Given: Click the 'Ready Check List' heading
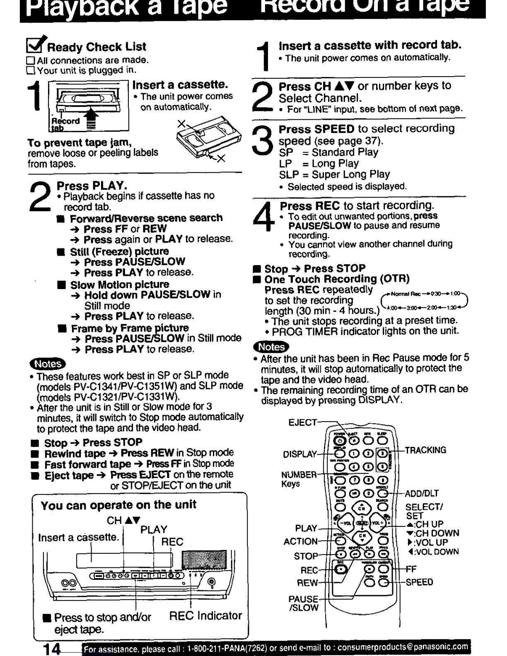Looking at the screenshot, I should pyautogui.click(x=97, y=47).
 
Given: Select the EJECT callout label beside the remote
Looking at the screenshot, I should pyautogui.click(x=302, y=423).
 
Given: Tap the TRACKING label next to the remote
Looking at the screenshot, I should pyautogui.click(x=425, y=450).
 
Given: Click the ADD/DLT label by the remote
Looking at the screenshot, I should pyautogui.click(x=422, y=494).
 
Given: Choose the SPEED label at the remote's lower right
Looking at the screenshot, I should pyautogui.click(x=419, y=582).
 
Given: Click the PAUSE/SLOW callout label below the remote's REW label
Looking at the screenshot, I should pyautogui.click(x=304, y=603).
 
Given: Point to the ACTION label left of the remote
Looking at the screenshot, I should pyautogui.click(x=301, y=542).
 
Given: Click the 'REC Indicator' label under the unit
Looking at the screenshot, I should pyautogui.click(x=205, y=616).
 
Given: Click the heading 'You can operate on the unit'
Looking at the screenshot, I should pyautogui.click(x=118, y=505).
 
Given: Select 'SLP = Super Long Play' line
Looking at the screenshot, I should pyautogui.click(x=334, y=174).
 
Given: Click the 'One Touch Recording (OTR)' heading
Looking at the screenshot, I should pyautogui.click(x=337, y=279).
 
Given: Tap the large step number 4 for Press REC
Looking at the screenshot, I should pyautogui.click(x=264, y=217).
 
